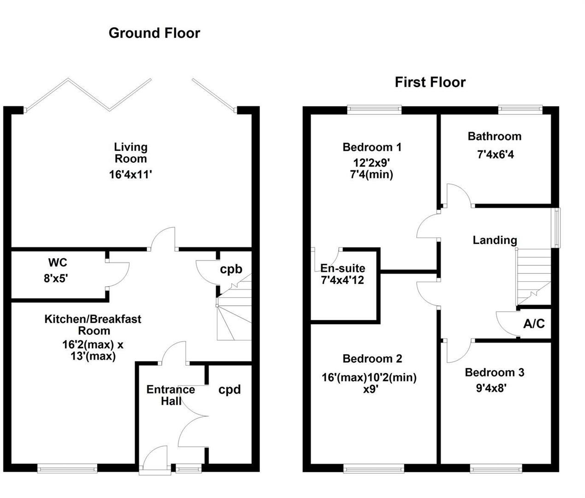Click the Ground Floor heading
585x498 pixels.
pyautogui.click(x=154, y=33)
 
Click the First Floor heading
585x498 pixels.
pyautogui.click(x=430, y=83)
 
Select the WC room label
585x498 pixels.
pyautogui.click(x=58, y=263)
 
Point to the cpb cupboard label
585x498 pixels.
pyautogui.click(x=231, y=269)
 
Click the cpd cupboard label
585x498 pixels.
pyautogui.click(x=229, y=390)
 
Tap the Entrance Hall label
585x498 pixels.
pyautogui.click(x=171, y=395)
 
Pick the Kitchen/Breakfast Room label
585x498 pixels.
pyautogui.click(x=93, y=325)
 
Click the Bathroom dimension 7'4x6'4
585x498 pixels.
pyautogui.click(x=495, y=154)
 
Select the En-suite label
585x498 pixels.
pyautogui.click(x=343, y=268)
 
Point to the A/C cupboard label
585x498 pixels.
pyautogui.click(x=534, y=324)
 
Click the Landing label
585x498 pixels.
pyautogui.click(x=495, y=240)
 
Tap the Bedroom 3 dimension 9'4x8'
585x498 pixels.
pyautogui.click(x=491, y=388)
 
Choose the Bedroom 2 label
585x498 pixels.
pyautogui.click(x=372, y=359)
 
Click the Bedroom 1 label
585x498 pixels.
pyautogui.click(x=372, y=148)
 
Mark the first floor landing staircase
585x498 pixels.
pyautogui.click(x=533, y=277)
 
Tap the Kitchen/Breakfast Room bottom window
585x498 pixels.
pyautogui.click(x=68, y=468)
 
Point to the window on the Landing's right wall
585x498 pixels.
pyautogui.click(x=556, y=228)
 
